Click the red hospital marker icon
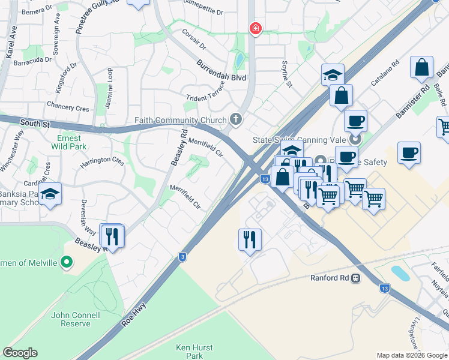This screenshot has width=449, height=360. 255,28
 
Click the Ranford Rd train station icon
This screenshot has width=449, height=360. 355,278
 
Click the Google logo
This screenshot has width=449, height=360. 20,353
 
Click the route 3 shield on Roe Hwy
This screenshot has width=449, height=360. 182,257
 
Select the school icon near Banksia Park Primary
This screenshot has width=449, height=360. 51,193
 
